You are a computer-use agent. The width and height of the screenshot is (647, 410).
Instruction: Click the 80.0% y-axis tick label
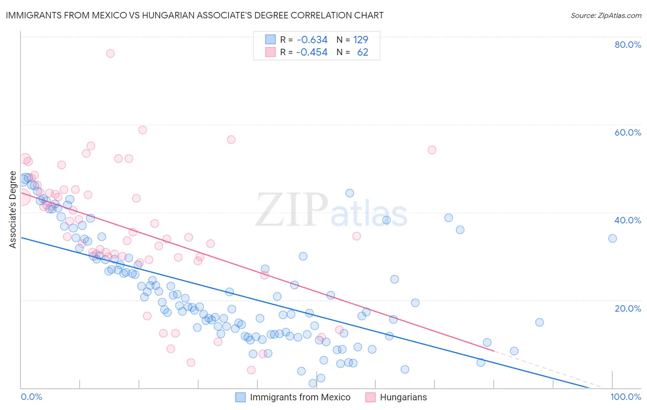coord(628,45)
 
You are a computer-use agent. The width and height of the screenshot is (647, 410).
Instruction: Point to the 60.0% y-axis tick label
coord(628,132)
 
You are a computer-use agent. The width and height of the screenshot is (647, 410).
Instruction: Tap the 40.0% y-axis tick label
coord(628,220)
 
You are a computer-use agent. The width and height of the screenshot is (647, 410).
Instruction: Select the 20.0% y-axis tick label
coord(628,308)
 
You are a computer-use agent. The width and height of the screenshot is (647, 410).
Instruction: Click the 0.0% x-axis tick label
coord(31,397)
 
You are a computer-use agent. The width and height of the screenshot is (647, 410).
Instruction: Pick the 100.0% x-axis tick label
coord(625,397)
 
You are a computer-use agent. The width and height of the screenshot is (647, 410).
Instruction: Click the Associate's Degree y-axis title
coord(13,210)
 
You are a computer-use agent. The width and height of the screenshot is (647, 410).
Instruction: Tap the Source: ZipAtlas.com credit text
coord(606,16)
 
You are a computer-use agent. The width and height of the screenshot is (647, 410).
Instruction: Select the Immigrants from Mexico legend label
coord(300,397)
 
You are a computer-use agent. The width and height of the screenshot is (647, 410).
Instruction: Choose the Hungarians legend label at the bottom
coord(403,397)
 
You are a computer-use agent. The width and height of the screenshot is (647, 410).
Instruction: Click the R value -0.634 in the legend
coord(312,40)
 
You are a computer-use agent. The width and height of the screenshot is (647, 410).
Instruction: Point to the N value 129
coord(361,40)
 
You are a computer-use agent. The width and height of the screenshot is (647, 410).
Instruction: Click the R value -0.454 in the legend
coord(312,52)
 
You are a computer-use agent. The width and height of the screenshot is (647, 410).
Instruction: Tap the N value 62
coord(363,52)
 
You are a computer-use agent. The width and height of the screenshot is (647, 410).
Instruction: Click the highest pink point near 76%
coord(110,53)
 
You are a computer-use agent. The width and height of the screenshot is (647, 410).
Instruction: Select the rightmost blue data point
coord(612,238)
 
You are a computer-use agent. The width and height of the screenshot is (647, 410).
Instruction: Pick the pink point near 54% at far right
coord(432,150)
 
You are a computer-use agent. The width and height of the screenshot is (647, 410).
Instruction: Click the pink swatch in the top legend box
coord(270,52)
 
